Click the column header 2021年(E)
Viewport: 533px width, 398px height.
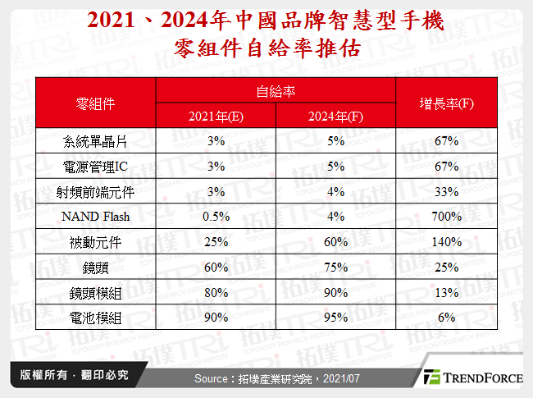[x=216, y=116]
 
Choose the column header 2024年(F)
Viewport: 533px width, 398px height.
[x=336, y=116]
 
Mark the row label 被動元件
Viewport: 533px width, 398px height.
[x=95, y=242]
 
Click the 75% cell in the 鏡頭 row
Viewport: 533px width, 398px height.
[x=336, y=268]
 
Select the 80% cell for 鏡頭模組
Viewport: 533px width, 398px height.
[x=216, y=293]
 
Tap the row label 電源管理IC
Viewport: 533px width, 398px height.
[x=95, y=167]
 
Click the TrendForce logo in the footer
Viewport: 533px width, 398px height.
[x=471, y=377]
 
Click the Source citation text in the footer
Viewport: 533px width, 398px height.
[x=264, y=378]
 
